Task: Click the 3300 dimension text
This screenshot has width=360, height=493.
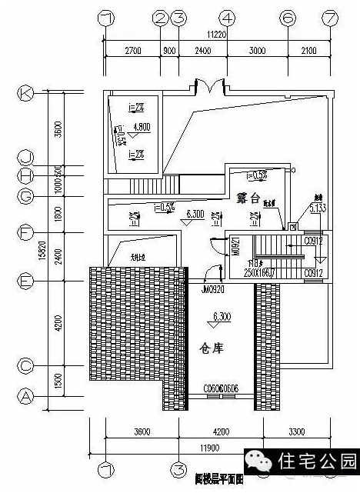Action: (x=296, y=431)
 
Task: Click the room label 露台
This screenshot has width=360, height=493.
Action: (x=250, y=198)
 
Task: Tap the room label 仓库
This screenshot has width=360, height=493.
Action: (x=213, y=347)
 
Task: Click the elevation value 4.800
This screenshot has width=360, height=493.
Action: (x=141, y=128)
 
